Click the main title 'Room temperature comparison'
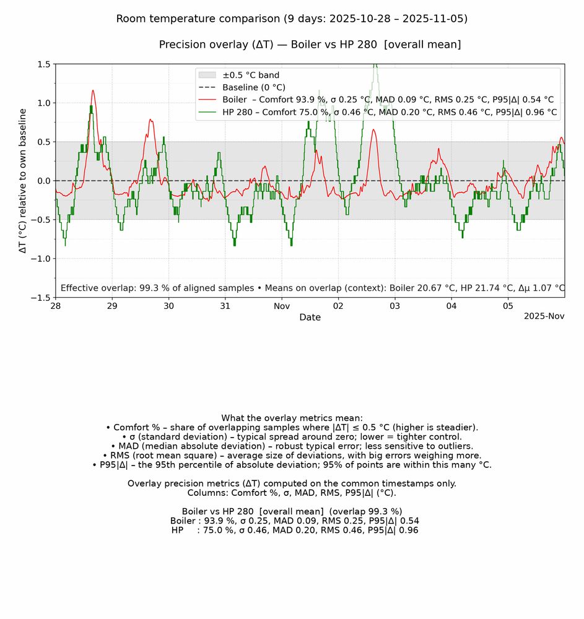[x=292, y=19]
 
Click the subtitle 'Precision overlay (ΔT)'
[x=310, y=45]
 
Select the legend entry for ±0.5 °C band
[x=251, y=76]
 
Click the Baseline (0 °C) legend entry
[x=254, y=87]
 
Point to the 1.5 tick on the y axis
[x=43, y=64]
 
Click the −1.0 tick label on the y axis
[x=40, y=259]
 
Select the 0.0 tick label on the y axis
[x=43, y=181]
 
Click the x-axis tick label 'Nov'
[x=282, y=306]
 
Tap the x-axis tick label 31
[x=225, y=306]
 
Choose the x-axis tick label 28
[x=56, y=306]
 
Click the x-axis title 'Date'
[x=310, y=318]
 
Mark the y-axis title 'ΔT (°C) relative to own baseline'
[x=23, y=181]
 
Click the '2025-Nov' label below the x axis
[x=544, y=316]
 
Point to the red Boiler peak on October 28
[x=93, y=91]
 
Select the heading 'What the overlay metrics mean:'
[x=292, y=418]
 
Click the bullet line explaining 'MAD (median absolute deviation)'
[x=292, y=446]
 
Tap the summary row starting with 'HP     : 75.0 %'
[x=295, y=530]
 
